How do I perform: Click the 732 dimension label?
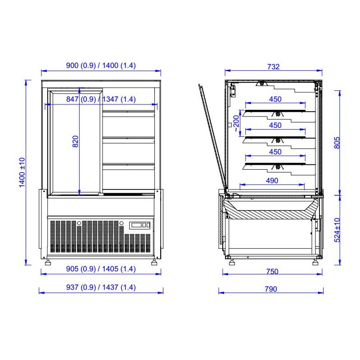273,67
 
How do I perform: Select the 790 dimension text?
271,289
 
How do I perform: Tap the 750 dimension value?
272,271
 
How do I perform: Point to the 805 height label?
337,143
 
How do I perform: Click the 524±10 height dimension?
337,230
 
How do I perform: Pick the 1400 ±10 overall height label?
22,172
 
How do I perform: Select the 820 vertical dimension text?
75,141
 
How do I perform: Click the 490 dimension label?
272,181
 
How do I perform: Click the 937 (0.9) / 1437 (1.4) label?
101,287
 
